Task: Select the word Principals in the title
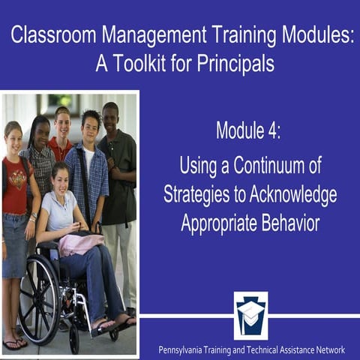236,64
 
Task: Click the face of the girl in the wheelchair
60,179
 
